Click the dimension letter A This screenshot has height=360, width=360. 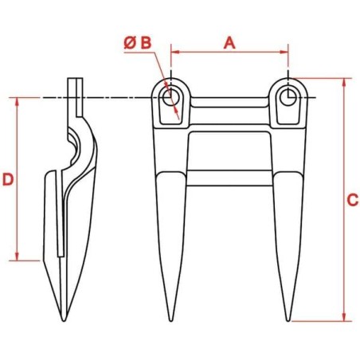[229, 43]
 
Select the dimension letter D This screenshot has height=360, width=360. [8, 180]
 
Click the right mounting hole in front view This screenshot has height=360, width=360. [288, 97]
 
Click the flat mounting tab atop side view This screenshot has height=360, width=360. [74, 89]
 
